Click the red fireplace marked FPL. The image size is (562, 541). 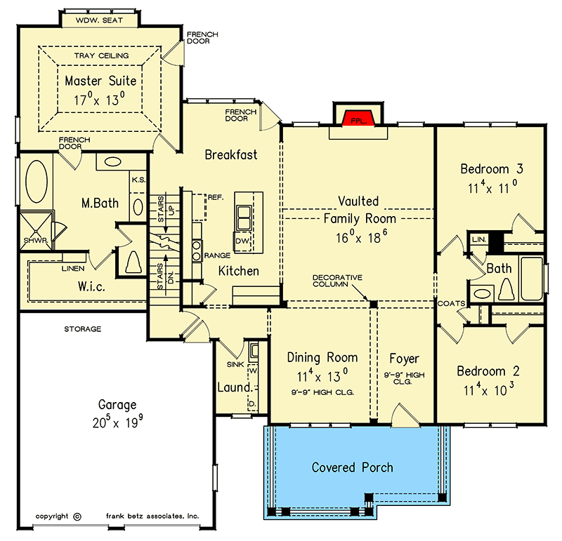pyautogui.click(x=358, y=121)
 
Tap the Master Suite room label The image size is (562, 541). pyautogui.click(x=100, y=81)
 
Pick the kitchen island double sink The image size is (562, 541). pyautogui.click(x=244, y=218)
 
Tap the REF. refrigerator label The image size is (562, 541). pyautogui.click(x=215, y=198)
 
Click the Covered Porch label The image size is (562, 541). pyautogui.click(x=352, y=467)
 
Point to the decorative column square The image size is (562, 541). pyautogui.click(x=374, y=304)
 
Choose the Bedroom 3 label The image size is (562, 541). pyautogui.click(x=492, y=168)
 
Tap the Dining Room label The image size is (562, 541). pyautogui.click(x=322, y=357)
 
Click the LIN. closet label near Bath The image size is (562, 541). pyautogui.click(x=479, y=239)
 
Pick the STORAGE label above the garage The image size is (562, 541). pyautogui.click(x=84, y=328)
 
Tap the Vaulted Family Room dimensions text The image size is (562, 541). pyautogui.click(x=360, y=237)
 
